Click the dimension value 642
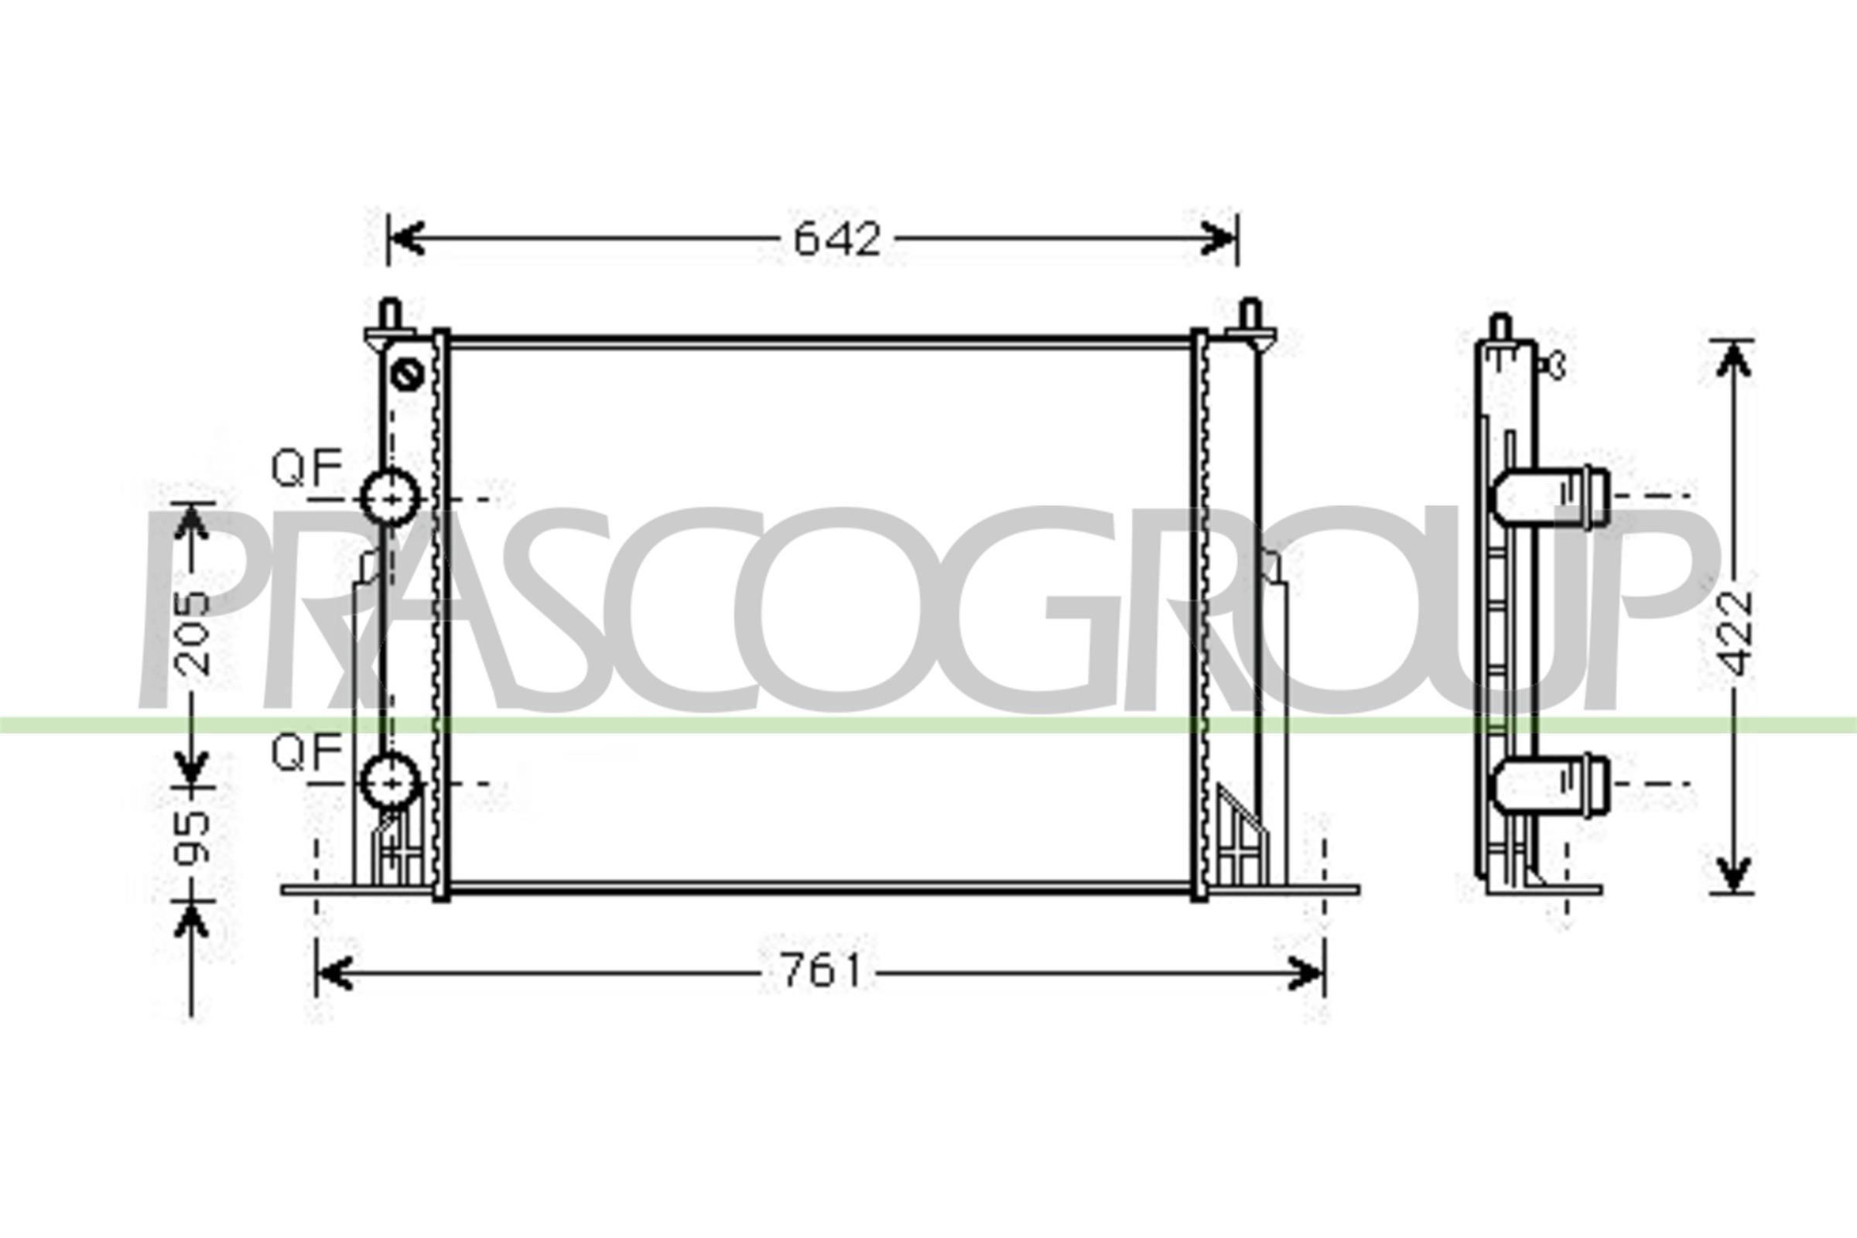coord(837,239)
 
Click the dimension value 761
coord(821,972)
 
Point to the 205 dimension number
coord(192,633)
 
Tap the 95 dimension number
coord(192,837)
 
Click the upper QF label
coord(306,467)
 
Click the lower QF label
coord(306,751)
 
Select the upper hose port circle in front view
coord(390,498)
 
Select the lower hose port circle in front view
coord(390,781)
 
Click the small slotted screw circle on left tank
coord(408,374)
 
